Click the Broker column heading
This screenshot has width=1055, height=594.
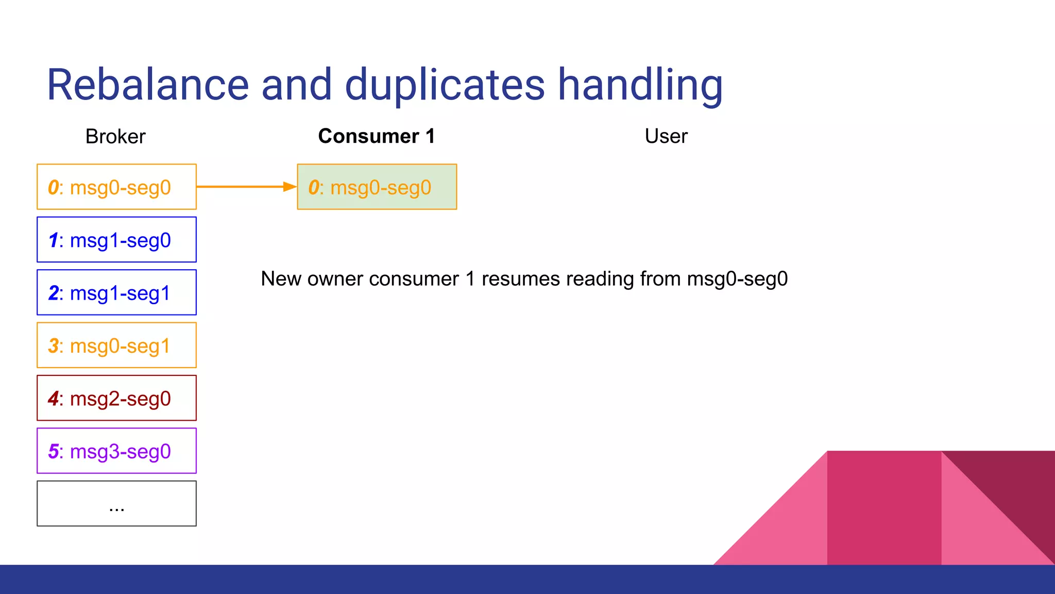point(115,137)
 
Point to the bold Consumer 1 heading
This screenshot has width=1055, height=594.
point(377,136)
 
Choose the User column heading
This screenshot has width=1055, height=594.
point(666,136)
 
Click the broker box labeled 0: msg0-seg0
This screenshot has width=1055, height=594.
point(116,187)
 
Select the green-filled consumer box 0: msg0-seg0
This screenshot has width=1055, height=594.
point(377,187)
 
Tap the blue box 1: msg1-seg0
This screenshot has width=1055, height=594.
point(116,240)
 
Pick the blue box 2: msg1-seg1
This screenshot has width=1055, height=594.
point(116,292)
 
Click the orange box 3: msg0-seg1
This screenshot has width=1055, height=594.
point(116,345)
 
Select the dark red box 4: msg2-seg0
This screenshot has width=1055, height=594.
point(116,398)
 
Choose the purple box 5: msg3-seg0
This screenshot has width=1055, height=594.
point(116,451)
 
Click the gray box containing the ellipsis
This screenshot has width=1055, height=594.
point(116,504)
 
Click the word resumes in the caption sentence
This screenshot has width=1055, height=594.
point(520,279)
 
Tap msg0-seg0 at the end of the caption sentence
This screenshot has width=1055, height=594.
point(737,279)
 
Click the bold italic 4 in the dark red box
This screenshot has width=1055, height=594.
point(54,399)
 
